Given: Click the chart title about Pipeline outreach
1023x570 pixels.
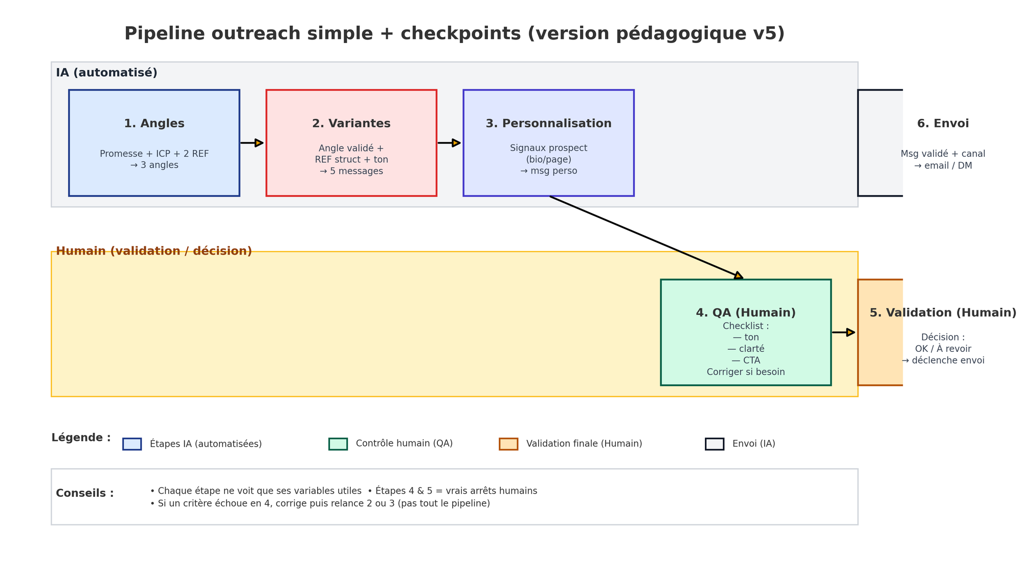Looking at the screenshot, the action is click(454, 34).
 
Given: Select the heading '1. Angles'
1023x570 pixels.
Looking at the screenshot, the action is click(154, 123).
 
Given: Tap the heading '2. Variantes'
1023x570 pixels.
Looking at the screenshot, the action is click(351, 123).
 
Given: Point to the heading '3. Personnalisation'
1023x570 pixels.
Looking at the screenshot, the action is click(548, 123).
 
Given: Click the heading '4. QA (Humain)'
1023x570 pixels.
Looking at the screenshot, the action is click(746, 313).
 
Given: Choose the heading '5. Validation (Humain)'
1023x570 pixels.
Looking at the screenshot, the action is click(943, 313).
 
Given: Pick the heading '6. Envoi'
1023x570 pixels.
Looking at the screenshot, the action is click(943, 123).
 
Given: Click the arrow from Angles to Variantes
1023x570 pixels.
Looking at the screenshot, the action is click(252, 143).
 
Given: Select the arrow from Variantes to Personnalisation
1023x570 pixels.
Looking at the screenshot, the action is click(449, 143).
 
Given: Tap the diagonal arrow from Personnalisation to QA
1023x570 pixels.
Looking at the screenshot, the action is click(646, 238).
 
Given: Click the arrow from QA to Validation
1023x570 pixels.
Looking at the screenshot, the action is click(843, 332).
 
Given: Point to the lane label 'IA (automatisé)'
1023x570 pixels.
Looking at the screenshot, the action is click(106, 73).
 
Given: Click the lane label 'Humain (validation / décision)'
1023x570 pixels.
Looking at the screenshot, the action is click(154, 251).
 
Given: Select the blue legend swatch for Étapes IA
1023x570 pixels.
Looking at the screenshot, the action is click(132, 444).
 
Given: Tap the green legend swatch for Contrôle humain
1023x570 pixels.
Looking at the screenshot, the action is click(338, 444).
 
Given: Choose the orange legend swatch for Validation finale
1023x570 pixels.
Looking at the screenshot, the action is click(508, 444).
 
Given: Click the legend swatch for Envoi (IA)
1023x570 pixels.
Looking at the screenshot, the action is click(715, 444).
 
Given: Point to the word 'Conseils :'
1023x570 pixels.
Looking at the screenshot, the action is click(85, 493).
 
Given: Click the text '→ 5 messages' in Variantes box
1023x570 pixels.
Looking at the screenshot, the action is click(351, 171).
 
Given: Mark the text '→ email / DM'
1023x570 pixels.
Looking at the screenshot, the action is click(943, 166).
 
